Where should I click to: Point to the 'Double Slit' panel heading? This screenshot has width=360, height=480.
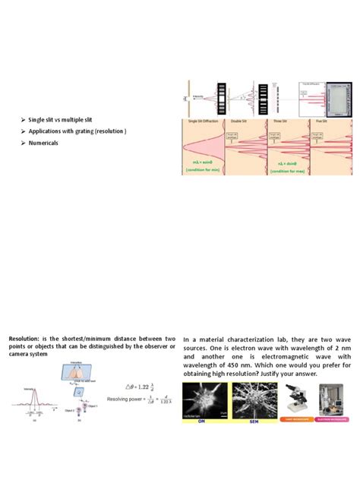point(244,122)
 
